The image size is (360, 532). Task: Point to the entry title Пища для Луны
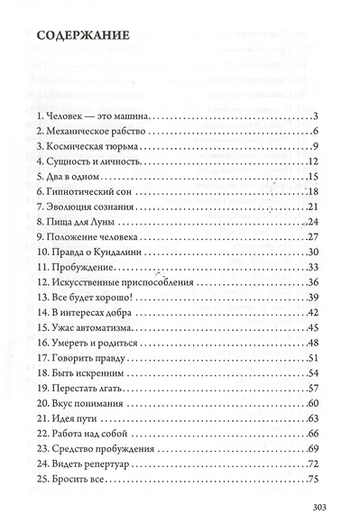coord(86,222)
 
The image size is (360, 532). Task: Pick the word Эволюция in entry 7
coord(76,206)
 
